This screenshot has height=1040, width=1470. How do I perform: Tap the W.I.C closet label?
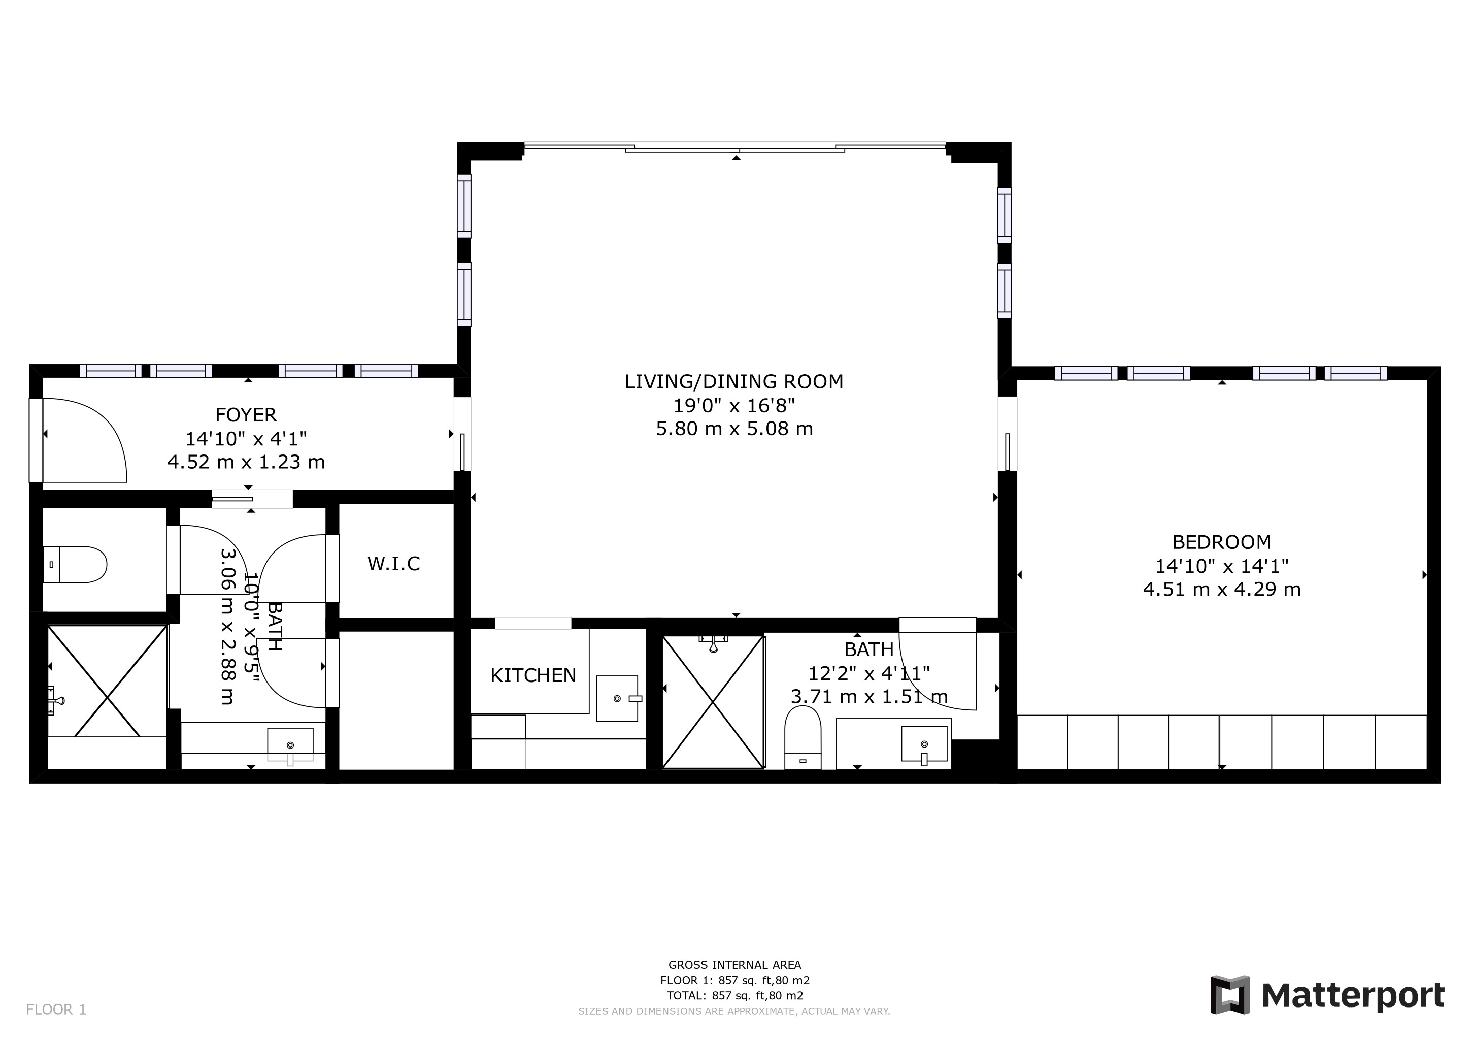(394, 564)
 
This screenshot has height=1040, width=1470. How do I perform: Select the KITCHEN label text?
(533, 675)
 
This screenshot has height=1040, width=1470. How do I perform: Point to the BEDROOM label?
(1222, 542)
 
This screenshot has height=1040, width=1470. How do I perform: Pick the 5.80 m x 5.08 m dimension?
(734, 429)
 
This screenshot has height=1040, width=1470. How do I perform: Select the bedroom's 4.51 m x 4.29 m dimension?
(1222, 589)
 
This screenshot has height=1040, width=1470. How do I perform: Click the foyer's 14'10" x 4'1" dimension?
(247, 439)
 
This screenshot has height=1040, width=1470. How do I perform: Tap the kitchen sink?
(618, 698)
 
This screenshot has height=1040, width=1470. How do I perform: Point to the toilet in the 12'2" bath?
(803, 737)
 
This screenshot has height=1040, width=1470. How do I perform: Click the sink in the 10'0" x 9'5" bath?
(290, 745)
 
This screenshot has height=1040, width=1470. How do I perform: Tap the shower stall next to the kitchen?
(713, 702)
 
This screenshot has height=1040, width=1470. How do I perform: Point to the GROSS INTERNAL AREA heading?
(734, 964)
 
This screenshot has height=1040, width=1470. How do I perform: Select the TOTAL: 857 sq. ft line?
(734, 996)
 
